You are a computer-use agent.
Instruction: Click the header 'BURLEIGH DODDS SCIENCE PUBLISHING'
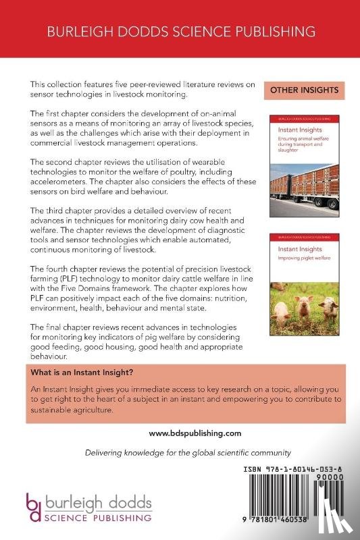coord(180,32)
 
